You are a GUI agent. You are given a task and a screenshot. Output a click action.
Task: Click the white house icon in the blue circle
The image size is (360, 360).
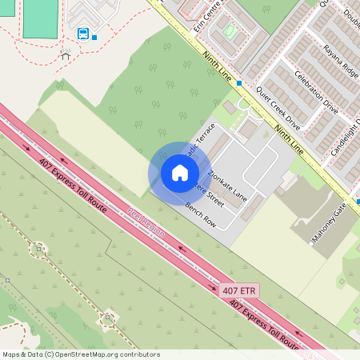point(179,173)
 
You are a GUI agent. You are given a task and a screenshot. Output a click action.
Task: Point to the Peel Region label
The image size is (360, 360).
point(146,222)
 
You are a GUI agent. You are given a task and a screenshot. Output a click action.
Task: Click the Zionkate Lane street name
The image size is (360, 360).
point(226,185)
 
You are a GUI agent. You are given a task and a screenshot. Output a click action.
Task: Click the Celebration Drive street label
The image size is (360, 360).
point(317,91)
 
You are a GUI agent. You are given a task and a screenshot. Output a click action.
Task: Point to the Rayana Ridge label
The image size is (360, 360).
point(342,62)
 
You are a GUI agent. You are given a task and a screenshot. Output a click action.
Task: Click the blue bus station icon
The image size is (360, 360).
point(82,34)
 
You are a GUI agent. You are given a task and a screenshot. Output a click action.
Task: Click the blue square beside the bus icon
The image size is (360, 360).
point(94,37)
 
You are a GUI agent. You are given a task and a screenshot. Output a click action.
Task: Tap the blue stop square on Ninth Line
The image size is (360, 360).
point(238,82)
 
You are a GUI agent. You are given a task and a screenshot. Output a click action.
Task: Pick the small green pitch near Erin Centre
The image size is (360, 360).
point(230,33)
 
